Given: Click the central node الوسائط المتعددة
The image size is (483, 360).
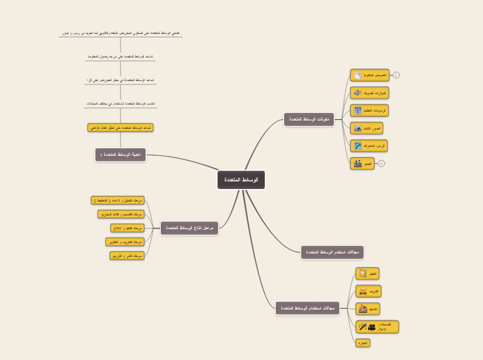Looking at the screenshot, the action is click(x=241, y=180).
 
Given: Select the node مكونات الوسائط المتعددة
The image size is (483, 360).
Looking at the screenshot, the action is click(x=309, y=120).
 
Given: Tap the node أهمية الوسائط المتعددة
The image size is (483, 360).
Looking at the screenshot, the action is click(x=121, y=154).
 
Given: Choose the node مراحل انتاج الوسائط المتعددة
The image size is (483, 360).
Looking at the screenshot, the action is click(x=189, y=228).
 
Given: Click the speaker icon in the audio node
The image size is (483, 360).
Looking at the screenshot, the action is click(x=358, y=93).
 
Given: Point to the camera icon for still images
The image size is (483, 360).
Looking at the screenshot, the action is click(x=358, y=128).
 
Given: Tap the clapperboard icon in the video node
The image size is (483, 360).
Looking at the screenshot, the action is click(x=358, y=163).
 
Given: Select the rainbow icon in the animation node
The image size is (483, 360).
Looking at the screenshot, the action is click(x=358, y=146).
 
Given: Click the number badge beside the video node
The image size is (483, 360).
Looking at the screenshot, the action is click(x=381, y=163).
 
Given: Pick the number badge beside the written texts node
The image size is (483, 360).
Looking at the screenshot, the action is click(x=396, y=75).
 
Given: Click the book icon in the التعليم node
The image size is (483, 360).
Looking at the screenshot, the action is click(x=362, y=273).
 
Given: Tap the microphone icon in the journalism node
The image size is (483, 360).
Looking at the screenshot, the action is click(x=362, y=327).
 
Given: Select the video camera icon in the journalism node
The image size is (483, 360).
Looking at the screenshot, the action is click(x=371, y=327).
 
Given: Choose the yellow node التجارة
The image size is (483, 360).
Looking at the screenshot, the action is click(x=363, y=343).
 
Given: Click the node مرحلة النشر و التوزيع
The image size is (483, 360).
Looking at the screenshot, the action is click(x=127, y=255).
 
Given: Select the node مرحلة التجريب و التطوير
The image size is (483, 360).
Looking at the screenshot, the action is click(x=125, y=242).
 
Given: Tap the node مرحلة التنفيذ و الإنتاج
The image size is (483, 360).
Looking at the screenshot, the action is click(x=128, y=228).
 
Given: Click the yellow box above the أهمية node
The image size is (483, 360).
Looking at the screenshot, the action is click(x=121, y=128).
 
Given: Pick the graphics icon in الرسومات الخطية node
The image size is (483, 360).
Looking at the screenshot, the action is click(x=358, y=111).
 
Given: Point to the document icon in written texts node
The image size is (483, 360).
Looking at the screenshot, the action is click(x=358, y=75).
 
